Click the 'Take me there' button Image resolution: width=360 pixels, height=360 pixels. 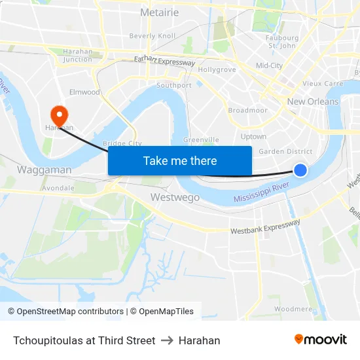click(180, 161)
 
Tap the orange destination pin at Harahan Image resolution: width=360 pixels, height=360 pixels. click(59, 116)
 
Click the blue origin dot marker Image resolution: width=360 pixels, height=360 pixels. click(300, 170)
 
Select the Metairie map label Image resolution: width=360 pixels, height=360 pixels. click(159, 12)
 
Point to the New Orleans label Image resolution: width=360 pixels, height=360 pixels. click(313, 101)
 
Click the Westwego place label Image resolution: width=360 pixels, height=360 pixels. click(175, 197)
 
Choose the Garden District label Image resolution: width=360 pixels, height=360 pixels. click(285, 151)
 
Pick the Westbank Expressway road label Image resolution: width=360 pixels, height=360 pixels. click(265, 226)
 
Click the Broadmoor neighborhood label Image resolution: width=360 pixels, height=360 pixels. click(247, 110)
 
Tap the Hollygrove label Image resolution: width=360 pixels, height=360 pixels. click(217, 69)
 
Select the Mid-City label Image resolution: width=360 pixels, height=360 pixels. click(269, 65)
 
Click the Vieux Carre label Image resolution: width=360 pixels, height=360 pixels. click(322, 84)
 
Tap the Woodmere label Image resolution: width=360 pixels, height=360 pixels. click(293, 308)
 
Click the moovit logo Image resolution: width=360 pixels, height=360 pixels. click(320, 340)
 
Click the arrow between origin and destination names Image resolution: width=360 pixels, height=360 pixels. click(166, 340)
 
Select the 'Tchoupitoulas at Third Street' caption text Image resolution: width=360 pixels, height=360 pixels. click(84, 340)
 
